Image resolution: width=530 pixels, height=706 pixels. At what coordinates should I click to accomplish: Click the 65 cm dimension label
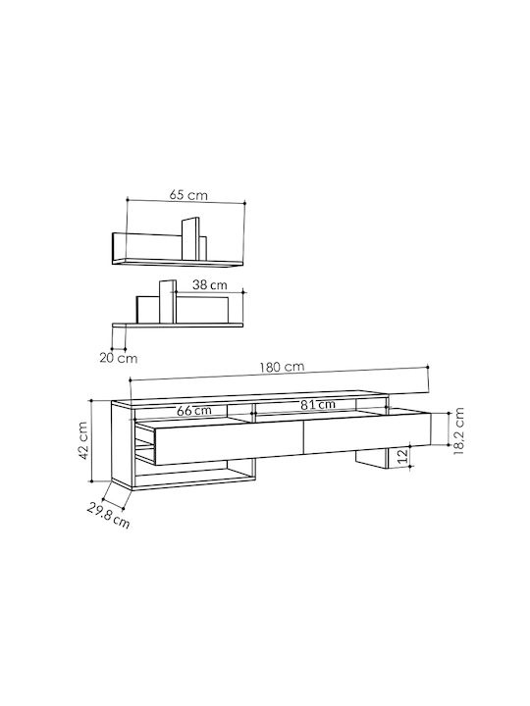coord(188,195)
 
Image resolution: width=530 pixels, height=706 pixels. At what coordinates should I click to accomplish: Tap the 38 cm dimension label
coord(210,285)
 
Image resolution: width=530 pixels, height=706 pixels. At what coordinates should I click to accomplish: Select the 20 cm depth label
coord(119,359)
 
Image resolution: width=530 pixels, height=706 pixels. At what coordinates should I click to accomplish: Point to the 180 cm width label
coord(282,368)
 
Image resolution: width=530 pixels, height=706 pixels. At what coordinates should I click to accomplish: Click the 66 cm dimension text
coord(193,411)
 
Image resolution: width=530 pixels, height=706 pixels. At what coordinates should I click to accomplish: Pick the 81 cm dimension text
coord(318,405)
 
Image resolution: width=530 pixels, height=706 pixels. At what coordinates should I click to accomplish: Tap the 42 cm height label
coord(82,440)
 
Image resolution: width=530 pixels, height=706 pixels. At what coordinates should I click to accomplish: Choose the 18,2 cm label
coord(458,431)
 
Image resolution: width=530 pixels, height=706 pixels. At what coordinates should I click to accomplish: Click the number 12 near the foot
coord(403,456)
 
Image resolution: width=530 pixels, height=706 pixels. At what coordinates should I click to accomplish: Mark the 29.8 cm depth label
coord(108,516)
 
